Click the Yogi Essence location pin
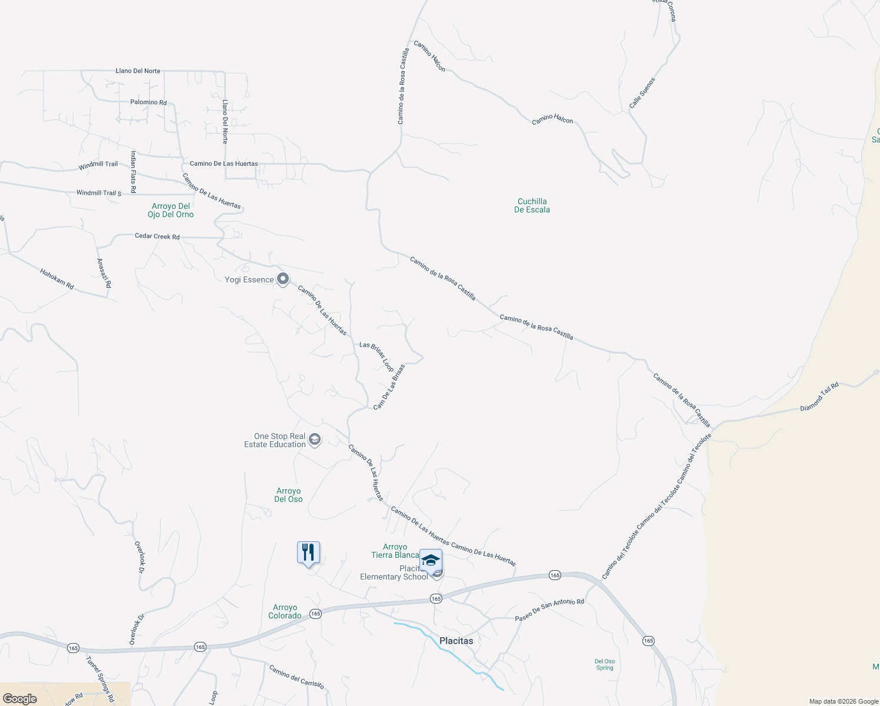[283, 279]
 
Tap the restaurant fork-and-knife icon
[308, 553]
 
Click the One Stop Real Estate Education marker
[315, 440]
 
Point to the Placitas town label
[456, 641]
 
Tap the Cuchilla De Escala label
[532, 205]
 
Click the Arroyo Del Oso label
[288, 495]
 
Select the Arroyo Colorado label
[285, 611]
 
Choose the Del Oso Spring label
[605, 664]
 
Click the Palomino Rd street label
[148, 102]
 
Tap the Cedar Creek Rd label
[157, 237]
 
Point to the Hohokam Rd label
[57, 279]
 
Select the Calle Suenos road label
[642, 93]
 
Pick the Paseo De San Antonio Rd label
[549, 610]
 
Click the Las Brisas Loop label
[376, 356]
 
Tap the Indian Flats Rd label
[134, 172]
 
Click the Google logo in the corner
[19, 698]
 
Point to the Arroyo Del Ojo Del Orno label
[171, 210]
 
